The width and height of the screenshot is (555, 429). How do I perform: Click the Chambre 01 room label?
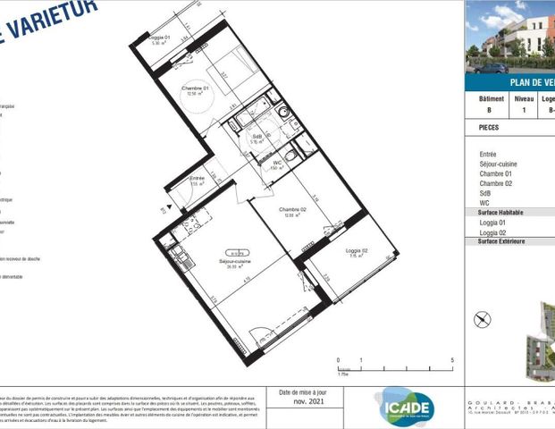tap(195, 88)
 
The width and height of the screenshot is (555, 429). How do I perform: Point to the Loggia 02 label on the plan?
tap(357, 251)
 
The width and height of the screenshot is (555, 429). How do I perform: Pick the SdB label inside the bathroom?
tap(256, 137)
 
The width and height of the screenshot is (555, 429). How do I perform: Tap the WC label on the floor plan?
tap(277, 162)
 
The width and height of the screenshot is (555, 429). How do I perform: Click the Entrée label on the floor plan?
tap(197, 179)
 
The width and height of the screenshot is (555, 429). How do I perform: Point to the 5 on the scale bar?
tap(453, 359)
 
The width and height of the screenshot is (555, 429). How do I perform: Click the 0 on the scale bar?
tap(339, 359)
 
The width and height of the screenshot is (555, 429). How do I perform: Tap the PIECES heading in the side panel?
tap(489, 128)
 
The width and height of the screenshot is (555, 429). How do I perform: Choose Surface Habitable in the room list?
tap(500, 213)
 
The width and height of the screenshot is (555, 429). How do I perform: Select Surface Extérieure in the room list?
tap(500, 241)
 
